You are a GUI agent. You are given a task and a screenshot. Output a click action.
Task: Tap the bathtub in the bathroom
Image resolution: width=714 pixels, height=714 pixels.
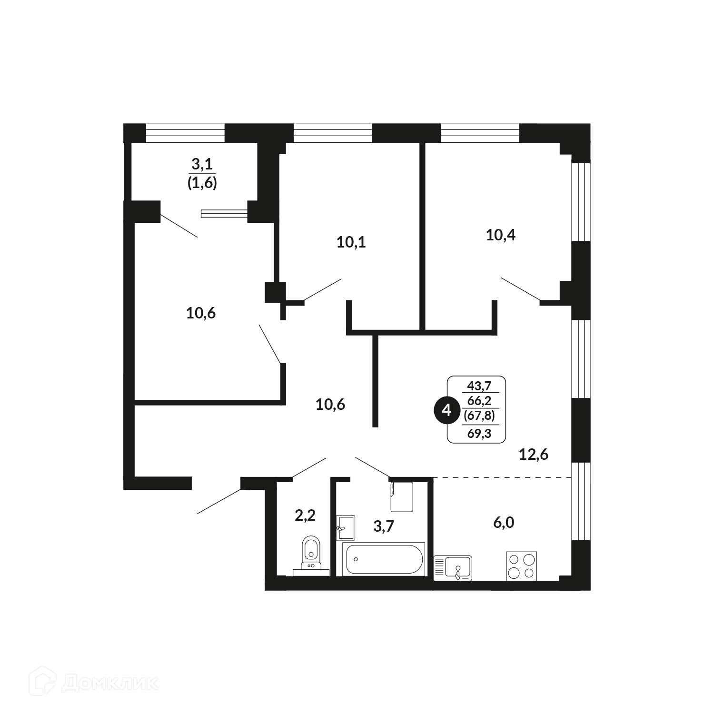tap(384, 559)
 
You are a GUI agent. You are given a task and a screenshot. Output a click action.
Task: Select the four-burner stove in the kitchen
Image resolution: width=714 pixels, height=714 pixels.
tap(521, 566)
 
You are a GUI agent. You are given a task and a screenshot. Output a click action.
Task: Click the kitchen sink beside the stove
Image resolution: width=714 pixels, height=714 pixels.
tap(453, 568)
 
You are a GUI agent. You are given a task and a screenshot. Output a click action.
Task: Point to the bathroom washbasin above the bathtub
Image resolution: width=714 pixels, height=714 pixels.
tap(346, 528)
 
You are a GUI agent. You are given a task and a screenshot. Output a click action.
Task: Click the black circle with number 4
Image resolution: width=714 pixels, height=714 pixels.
tap(446, 409)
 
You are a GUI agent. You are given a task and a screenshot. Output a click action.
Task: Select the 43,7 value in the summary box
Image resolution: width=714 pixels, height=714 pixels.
tap(479, 385)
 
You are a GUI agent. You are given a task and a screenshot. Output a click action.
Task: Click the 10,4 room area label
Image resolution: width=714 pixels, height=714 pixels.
tap(501, 235)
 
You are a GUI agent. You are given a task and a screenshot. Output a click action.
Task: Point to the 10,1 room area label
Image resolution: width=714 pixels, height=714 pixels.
tap(351, 242)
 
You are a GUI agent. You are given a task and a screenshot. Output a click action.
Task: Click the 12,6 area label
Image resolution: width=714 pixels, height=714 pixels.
tap(534, 455)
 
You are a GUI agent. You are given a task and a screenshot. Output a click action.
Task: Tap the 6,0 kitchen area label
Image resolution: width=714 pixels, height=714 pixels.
tap(504, 523)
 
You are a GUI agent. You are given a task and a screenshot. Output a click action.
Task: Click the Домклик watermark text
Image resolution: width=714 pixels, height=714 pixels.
tap(109, 684)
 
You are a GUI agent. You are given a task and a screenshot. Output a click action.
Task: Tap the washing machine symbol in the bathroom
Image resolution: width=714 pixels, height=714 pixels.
tap(401, 496)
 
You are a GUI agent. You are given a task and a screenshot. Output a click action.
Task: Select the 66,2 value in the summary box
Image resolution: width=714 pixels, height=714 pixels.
tap(479, 401)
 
